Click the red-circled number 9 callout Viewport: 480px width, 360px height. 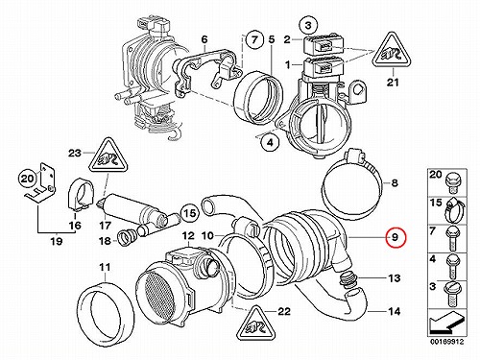click(396, 238)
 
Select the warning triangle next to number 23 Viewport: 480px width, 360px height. click(109, 156)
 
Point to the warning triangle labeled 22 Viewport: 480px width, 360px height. click(256, 324)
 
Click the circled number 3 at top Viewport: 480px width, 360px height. click(308, 25)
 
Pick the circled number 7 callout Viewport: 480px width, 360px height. click(254, 40)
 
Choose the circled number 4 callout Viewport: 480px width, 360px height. click(271, 143)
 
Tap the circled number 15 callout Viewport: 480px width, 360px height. click(190, 213)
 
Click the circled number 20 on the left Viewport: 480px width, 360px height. click(27, 179)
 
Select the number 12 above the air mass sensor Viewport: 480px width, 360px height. click(188, 236)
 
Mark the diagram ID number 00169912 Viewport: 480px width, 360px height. click(446, 342)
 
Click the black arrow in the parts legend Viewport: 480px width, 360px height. click(446, 323)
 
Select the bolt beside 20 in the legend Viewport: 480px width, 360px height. click(451, 181)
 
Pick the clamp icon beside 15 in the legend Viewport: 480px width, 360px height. click(455, 210)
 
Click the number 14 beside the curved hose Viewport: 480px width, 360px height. click(395, 311)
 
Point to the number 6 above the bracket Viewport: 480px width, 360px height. click(204, 39)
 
